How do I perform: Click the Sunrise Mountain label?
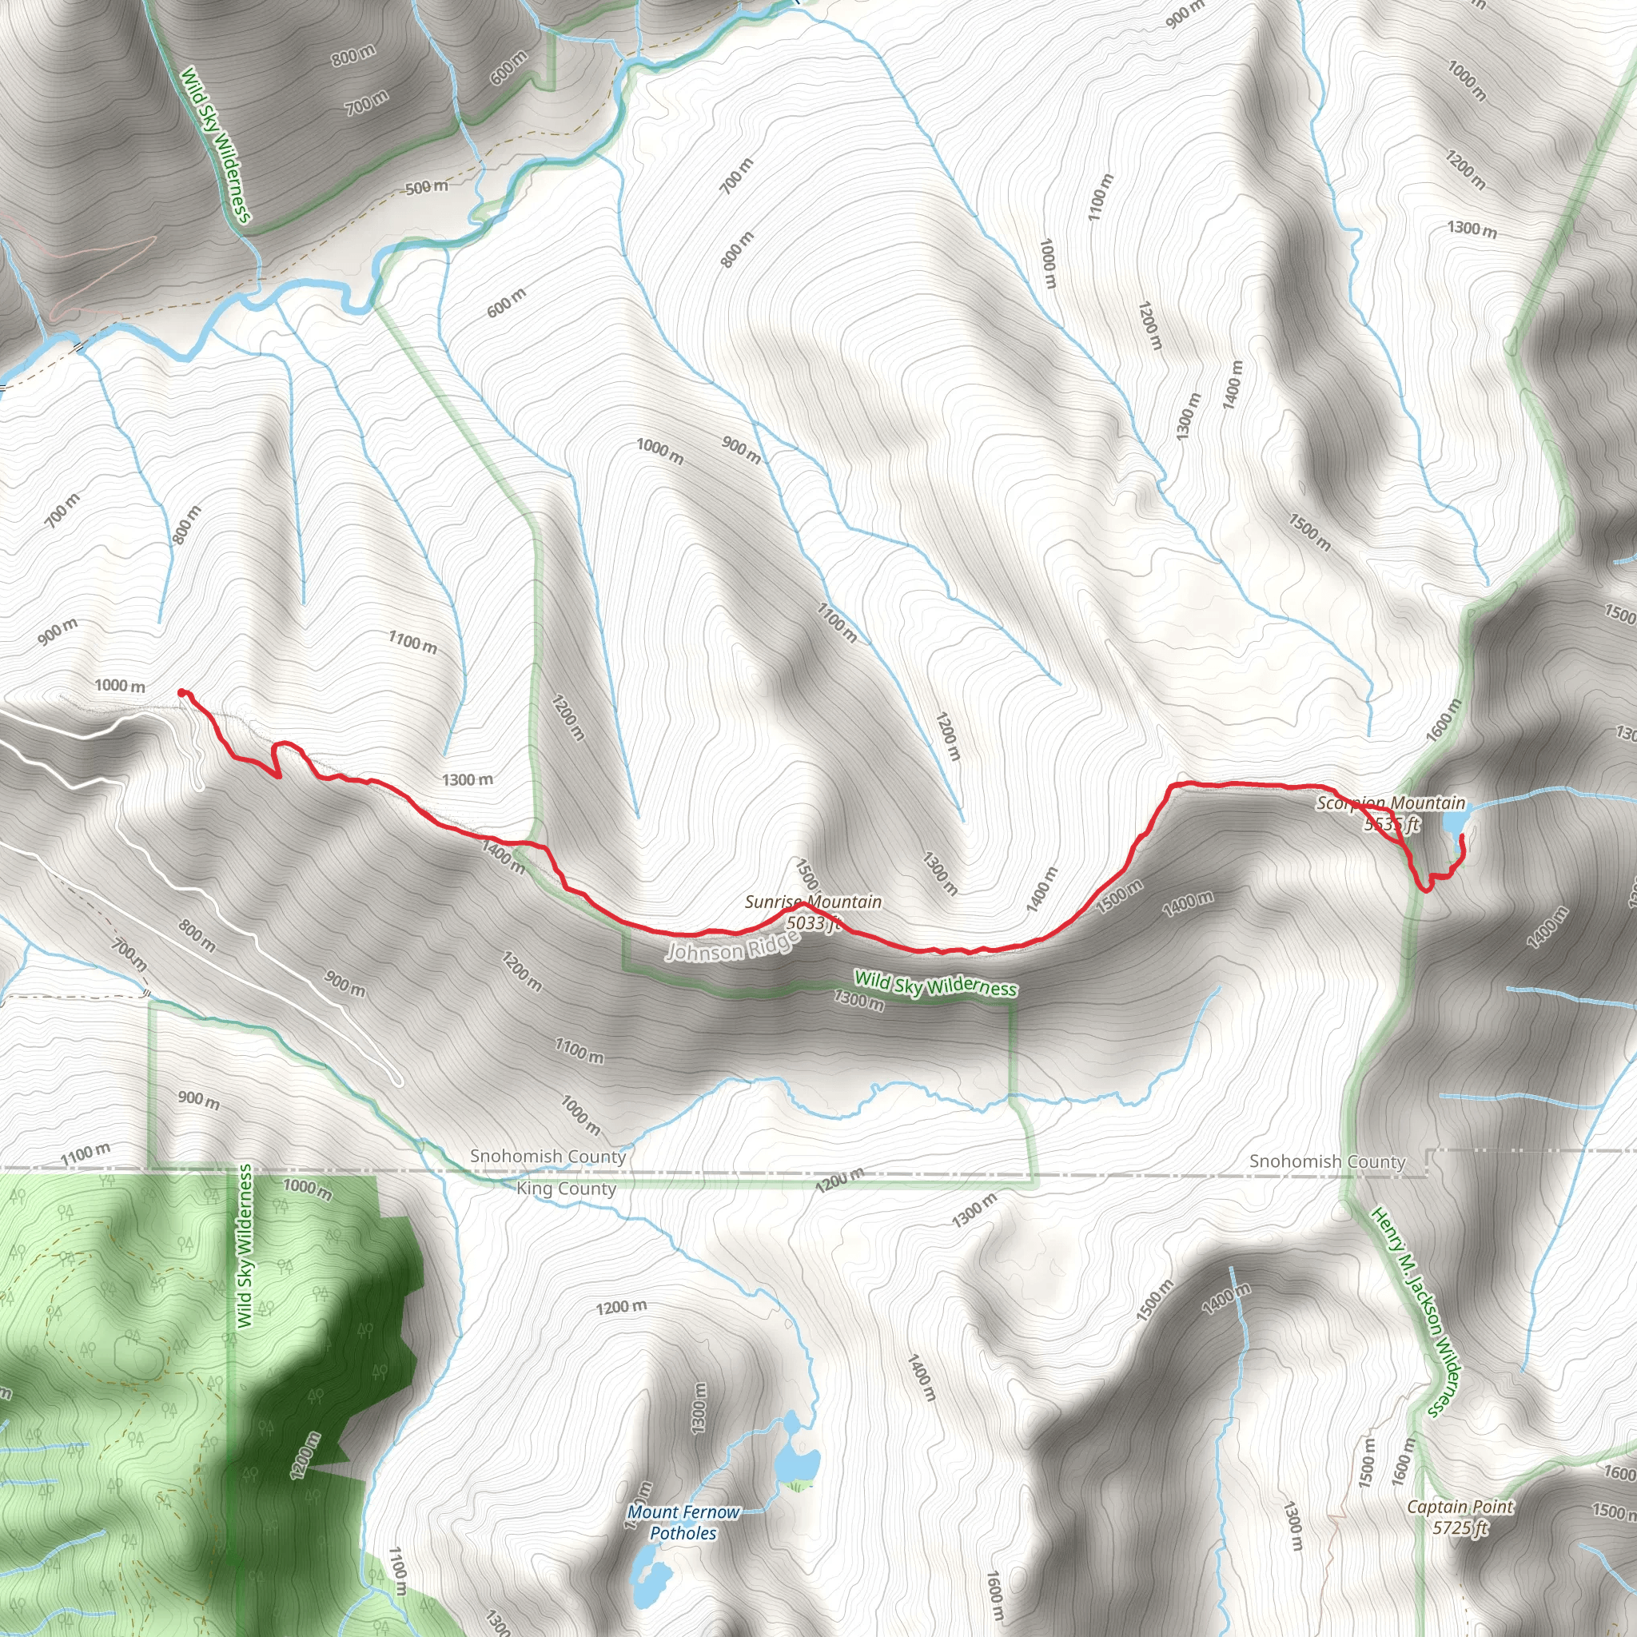point(813,902)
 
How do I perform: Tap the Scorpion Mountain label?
point(1391,803)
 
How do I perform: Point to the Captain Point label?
point(1460,1507)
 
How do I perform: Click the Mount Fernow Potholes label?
point(683,1523)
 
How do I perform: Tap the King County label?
point(566,1189)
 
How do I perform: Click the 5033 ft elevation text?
point(813,922)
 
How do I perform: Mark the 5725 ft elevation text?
point(1460,1527)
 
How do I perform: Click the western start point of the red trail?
point(182,693)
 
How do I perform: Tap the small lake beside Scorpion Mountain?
point(1454,822)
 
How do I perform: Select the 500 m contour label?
point(426,186)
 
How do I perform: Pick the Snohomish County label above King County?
point(548,1156)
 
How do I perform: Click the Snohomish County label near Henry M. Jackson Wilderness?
point(1327,1161)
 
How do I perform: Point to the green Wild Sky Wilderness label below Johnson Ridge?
point(934,985)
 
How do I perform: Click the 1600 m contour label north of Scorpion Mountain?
point(1444,720)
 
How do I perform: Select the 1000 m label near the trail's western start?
point(119,686)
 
